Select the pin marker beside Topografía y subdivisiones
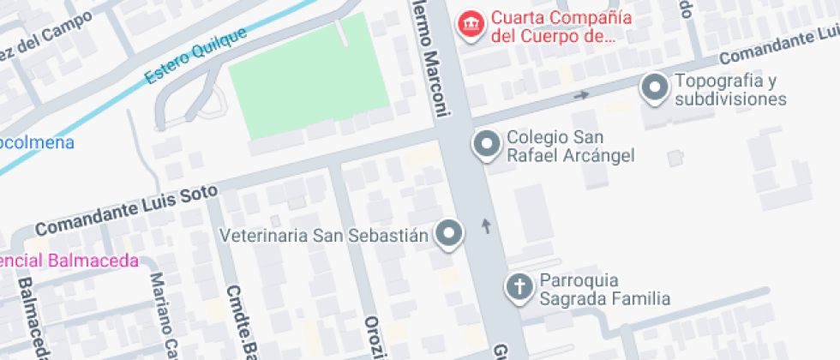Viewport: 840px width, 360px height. (x=656, y=87)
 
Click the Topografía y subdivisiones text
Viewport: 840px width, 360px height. (x=730, y=90)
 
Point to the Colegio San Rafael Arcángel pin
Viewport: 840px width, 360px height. (x=487, y=144)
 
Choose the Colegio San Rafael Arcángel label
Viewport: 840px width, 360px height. (x=570, y=147)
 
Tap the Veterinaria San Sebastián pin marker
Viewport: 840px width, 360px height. (x=449, y=233)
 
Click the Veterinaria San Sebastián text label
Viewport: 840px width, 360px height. (x=324, y=235)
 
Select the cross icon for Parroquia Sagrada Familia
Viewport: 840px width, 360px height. (x=519, y=287)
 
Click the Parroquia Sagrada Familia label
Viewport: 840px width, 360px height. (x=604, y=290)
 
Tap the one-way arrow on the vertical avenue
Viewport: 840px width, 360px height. (x=488, y=226)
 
